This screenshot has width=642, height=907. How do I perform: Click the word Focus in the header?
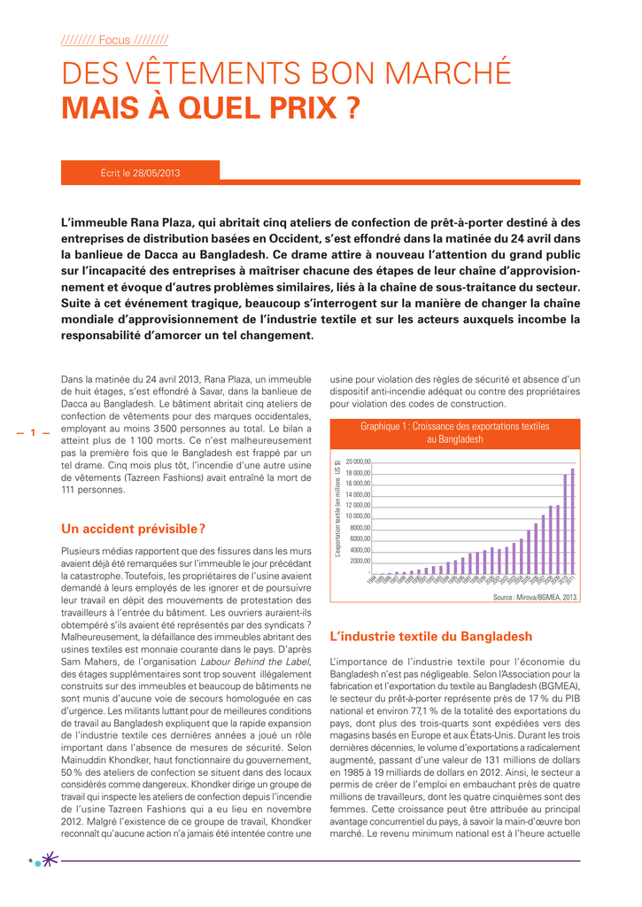pyautogui.click(x=114, y=40)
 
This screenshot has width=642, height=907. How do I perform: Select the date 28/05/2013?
pyautogui.click(x=156, y=173)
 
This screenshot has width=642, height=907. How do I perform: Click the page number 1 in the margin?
pyautogui.click(x=32, y=433)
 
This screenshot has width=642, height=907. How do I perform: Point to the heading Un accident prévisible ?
pyautogui.click(x=134, y=529)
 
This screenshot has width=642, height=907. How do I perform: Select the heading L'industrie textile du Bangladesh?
pyautogui.click(x=430, y=636)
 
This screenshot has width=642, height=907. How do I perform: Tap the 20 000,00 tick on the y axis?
pyautogui.click(x=359, y=461)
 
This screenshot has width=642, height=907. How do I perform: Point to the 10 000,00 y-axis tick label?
pyautogui.click(x=359, y=516)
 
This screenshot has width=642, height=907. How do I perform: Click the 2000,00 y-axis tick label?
pyautogui.click(x=360, y=561)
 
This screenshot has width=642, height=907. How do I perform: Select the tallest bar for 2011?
pyautogui.click(x=573, y=521)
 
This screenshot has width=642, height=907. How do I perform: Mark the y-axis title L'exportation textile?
pyautogui.click(x=338, y=509)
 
